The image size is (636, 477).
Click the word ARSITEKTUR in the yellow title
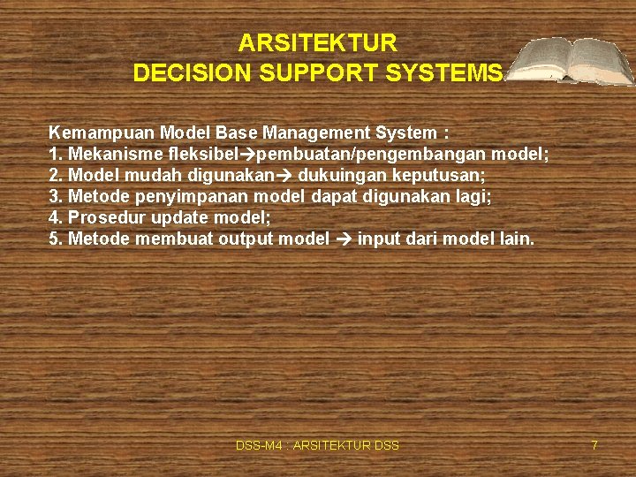coord(318,42)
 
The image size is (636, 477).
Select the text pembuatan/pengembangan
coord(375,155)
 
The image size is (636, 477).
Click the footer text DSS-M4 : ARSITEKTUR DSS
coord(317,445)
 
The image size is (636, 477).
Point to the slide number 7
coord(594,445)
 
